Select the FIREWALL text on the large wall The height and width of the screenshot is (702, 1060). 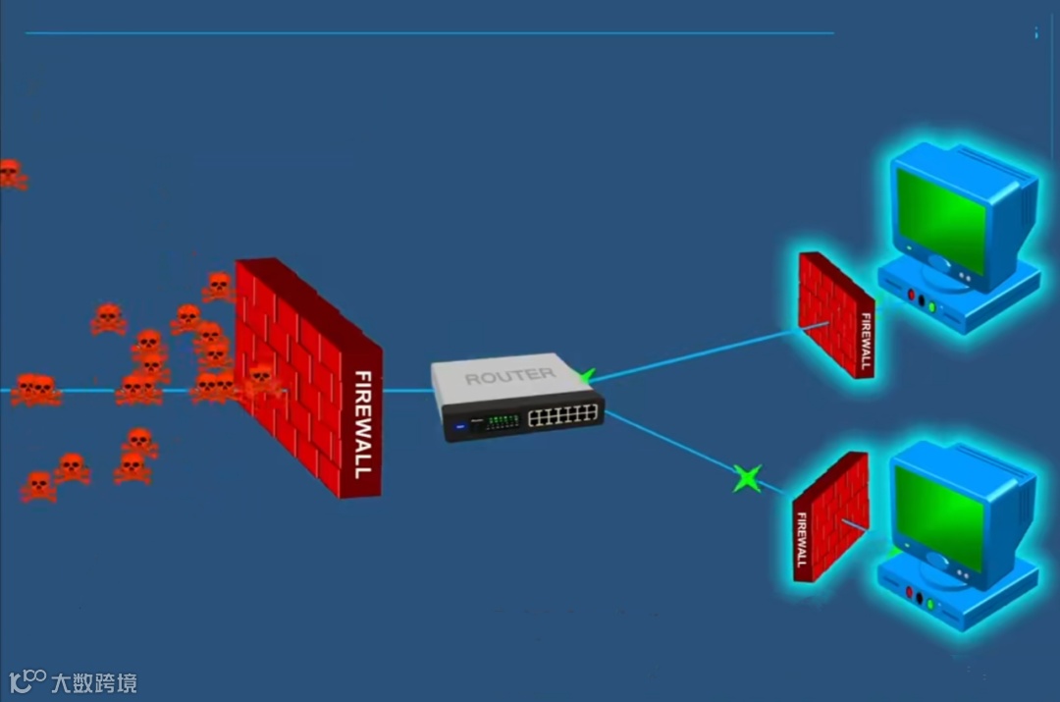pyautogui.click(x=362, y=423)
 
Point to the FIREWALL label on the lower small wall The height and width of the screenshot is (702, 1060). pyautogui.click(x=801, y=538)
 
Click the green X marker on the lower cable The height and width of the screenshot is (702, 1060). pyautogui.click(x=747, y=479)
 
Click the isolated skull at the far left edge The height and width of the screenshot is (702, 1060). pyautogui.click(x=10, y=174)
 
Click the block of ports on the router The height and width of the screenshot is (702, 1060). pyautogui.click(x=563, y=415)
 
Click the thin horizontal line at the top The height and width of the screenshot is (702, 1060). pyautogui.click(x=430, y=33)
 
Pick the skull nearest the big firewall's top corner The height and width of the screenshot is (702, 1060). pyautogui.click(x=217, y=286)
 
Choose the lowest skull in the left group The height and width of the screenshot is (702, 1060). pyautogui.click(x=38, y=485)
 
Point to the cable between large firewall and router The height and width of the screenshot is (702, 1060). pyautogui.click(x=407, y=391)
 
